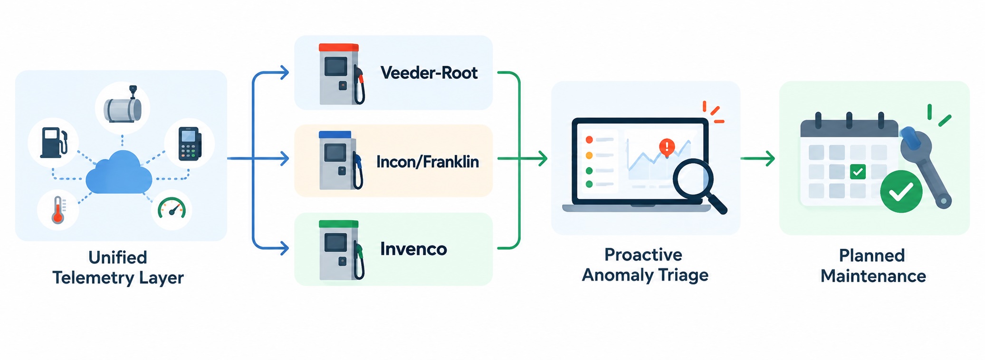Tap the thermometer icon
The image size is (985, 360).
click(58, 209)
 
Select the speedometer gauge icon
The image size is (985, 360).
click(172, 208)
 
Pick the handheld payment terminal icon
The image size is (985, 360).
click(190, 143)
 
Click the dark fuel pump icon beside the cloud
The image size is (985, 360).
click(54, 142)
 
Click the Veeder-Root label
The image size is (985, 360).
click(429, 73)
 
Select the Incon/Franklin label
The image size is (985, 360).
click(427, 162)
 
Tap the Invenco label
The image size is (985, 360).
click(413, 249)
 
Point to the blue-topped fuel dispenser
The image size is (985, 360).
click(341, 161)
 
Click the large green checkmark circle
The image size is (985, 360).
click(901, 191)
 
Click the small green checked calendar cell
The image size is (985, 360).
click(858, 171)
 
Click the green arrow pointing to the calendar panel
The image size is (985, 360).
click(758, 158)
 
